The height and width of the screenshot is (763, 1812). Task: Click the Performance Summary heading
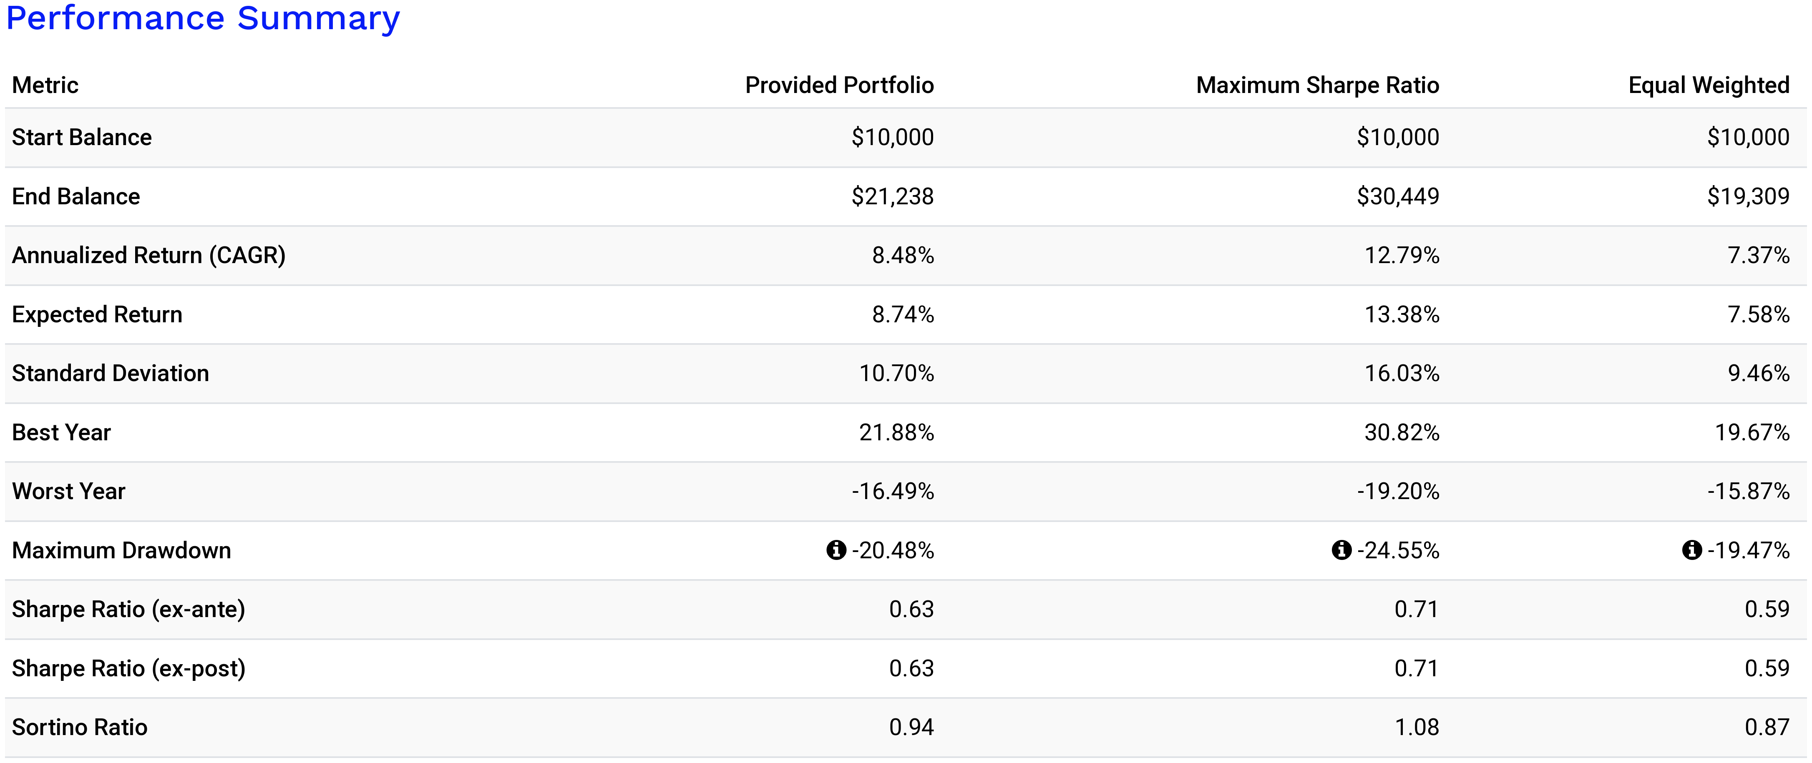pos(203,18)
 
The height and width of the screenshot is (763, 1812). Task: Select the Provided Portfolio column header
pos(839,85)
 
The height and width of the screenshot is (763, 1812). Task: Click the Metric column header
pos(45,85)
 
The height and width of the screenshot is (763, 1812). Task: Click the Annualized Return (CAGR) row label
pos(148,255)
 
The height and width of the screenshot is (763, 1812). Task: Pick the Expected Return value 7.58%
pos(1758,314)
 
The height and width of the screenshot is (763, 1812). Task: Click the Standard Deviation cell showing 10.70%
pos(896,374)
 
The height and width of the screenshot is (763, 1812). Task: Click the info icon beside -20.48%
pos(836,550)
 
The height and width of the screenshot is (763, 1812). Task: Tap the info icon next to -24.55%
pos(1341,550)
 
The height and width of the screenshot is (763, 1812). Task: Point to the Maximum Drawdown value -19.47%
pos(1748,550)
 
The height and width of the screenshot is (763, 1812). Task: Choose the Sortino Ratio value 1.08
pos(1416,727)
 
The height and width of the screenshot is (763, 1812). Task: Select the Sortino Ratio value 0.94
pos(911,727)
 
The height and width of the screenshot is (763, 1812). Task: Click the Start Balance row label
pos(82,137)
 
